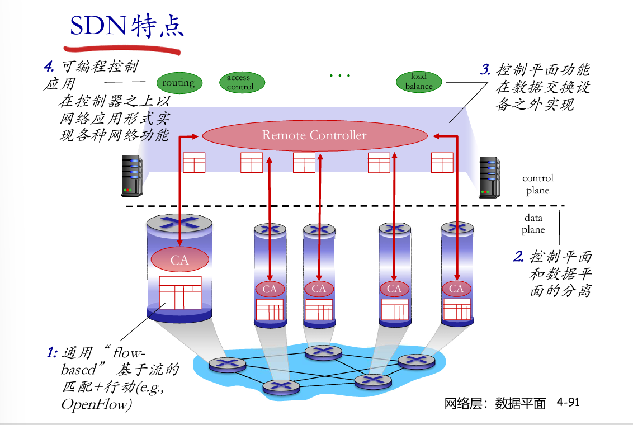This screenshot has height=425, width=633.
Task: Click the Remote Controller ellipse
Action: pos(314,135)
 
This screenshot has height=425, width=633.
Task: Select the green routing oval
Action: pos(179,83)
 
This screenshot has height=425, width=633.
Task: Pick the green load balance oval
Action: pos(419,81)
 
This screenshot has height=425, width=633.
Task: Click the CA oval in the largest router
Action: pos(179,260)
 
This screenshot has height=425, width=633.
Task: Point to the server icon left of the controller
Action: pos(132,176)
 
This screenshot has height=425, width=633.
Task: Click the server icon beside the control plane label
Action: pos(489,177)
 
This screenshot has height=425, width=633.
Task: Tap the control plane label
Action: pos(537,184)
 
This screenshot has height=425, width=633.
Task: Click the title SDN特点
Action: pos(126,26)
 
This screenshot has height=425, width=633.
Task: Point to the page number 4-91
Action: pos(568,402)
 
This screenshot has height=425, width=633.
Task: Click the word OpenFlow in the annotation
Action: pos(95,404)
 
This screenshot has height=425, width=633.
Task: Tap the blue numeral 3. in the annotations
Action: pos(485,70)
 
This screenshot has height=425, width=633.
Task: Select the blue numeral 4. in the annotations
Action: pos(49,67)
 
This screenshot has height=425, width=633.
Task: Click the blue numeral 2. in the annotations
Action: pos(518,257)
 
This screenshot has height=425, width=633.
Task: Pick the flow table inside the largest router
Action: pos(180,292)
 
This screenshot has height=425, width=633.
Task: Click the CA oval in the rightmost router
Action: pos(456,289)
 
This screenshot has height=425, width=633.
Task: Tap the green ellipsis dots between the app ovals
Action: pos(339,75)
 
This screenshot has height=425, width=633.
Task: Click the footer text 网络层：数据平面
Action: pos(495,403)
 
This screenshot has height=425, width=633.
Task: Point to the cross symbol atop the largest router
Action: pos(179,221)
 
